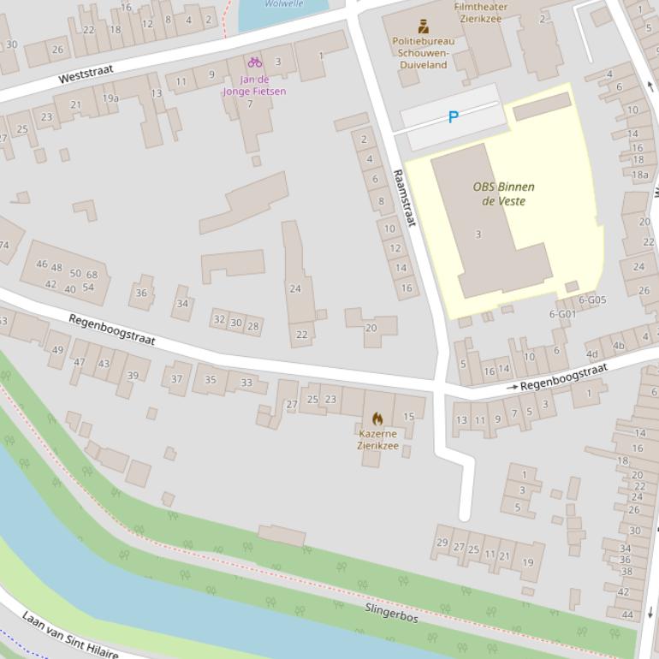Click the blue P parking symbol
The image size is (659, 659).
pyautogui.click(x=454, y=117)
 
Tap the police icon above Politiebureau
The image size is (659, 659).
pyautogui.click(x=423, y=26)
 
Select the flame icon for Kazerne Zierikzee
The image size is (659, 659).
pyautogui.click(x=377, y=419)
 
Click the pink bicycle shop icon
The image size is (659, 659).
pyautogui.click(x=254, y=62)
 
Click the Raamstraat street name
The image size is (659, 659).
pyautogui.click(x=404, y=197)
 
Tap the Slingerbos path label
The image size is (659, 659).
pyautogui.click(x=391, y=612)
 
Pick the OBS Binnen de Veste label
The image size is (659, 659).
pyautogui.click(x=503, y=193)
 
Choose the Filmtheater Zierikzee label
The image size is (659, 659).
pyautogui.click(x=480, y=12)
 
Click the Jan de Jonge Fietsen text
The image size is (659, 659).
pyautogui.click(x=253, y=86)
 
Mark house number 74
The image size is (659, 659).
pyautogui.click(x=3, y=245)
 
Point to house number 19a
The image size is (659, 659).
pyautogui.click(x=110, y=98)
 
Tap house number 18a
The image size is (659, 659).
pyautogui.click(x=639, y=175)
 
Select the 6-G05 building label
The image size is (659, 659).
pyautogui.click(x=591, y=300)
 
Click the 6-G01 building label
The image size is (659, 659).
pyautogui.click(x=562, y=314)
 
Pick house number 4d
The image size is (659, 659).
pyautogui.click(x=591, y=354)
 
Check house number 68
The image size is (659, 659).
pyautogui.click(x=92, y=275)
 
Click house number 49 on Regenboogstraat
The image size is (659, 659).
pyautogui.click(x=57, y=349)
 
